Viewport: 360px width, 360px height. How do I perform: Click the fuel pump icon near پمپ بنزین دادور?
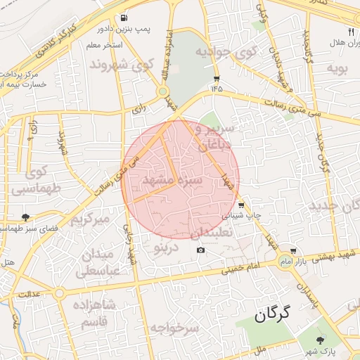pos(124,18)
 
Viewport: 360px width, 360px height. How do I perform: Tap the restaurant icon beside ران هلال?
pos(352,32)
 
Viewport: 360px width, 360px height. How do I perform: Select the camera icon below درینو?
pos(201,250)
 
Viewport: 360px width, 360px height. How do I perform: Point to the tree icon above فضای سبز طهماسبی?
pos(26,217)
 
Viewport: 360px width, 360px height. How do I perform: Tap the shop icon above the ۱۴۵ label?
pos(216,79)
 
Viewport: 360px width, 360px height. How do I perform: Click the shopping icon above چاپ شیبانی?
pos(241,205)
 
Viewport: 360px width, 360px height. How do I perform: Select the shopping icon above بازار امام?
pos(292,250)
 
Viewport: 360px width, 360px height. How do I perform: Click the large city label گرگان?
pos(269,314)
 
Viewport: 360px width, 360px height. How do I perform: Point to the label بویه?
pos(333,68)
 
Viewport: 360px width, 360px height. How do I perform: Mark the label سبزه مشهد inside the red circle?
pos(172,181)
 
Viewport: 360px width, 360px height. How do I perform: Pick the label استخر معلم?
pos(104,46)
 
